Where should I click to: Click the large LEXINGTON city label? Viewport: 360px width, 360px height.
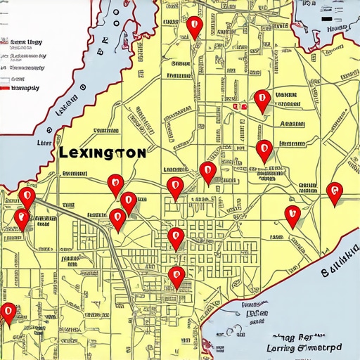click(103, 153)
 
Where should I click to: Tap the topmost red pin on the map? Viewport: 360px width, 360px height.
click(195, 27)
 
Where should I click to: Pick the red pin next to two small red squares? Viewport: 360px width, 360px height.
click(262, 100)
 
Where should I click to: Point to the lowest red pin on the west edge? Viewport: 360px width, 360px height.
click(8, 312)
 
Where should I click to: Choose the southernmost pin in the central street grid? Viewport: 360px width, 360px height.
click(176, 276)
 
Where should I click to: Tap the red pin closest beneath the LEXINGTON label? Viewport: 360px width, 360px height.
click(115, 184)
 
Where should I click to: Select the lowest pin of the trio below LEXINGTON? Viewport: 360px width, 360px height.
click(118, 219)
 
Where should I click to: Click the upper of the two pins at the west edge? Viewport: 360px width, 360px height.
click(27, 197)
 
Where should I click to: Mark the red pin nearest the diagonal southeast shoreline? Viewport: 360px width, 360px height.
click(292, 215)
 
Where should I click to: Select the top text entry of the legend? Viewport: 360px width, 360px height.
click(25, 43)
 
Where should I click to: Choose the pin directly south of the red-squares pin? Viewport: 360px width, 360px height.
click(264, 150)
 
